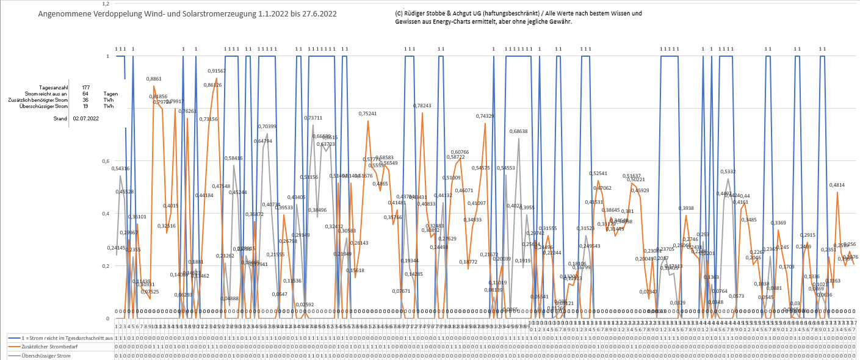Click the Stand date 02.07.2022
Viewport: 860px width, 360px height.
[85, 118]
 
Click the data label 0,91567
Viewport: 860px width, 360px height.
[217, 71]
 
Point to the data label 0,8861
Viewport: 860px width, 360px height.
[154, 79]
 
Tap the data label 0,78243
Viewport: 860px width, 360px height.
[422, 106]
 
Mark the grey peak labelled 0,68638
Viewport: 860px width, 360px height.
[519, 131]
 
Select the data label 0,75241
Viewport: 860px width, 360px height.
[367, 113]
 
